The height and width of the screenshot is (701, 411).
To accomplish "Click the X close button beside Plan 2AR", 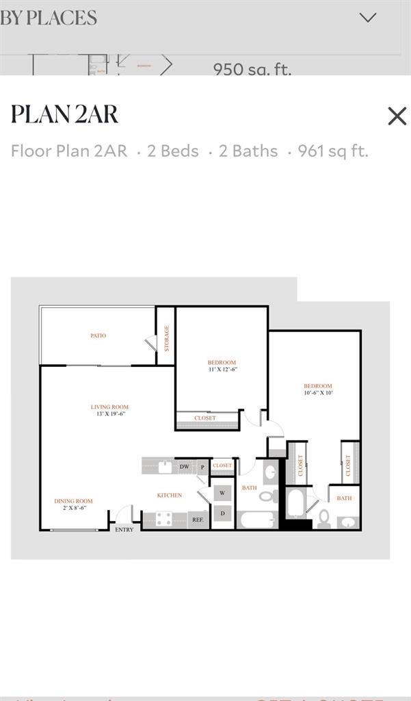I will tap(397, 116).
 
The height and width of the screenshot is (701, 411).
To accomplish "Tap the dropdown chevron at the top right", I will tap(368, 18).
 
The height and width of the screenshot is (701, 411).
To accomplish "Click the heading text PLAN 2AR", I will tap(64, 114).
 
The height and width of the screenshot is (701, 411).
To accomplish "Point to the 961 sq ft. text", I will tap(333, 151).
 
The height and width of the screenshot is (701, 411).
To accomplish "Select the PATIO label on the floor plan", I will tap(98, 336).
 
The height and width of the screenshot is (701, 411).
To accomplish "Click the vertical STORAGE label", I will tap(166, 338).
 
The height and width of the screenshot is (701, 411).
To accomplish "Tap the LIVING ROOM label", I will tap(109, 407).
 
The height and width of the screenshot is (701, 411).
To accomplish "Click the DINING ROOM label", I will tap(73, 501).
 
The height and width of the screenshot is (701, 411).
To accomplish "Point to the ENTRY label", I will tap(124, 529).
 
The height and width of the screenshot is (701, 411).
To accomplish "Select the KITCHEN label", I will tap(169, 495).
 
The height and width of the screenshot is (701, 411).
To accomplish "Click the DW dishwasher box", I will tap(184, 467).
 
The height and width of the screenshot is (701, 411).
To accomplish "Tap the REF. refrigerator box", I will tap(198, 520).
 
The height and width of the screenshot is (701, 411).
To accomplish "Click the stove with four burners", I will tap(164, 519).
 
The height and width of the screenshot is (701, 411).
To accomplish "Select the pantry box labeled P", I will tap(202, 467).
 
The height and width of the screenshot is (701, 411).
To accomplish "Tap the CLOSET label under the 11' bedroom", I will tap(205, 418).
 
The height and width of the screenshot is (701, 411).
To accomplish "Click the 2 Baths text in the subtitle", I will tap(248, 151).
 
